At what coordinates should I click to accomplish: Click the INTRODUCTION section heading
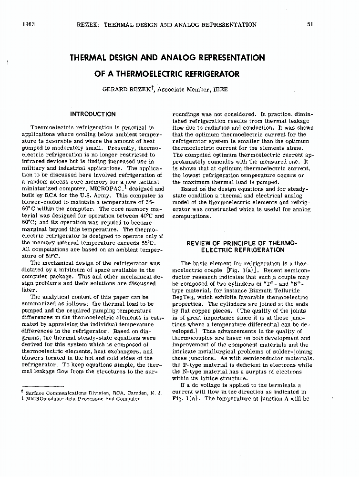point(93,114)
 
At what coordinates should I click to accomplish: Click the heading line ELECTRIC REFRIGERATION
point(242,249)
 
